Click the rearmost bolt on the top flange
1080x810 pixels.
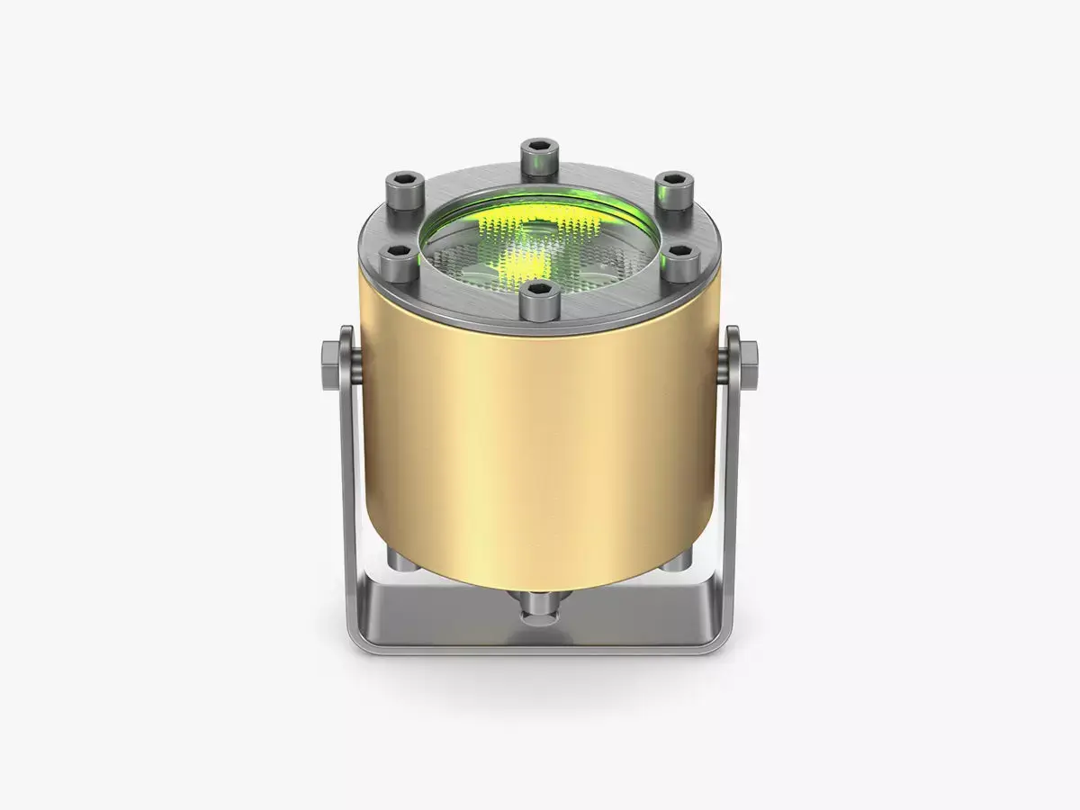(x=539, y=157)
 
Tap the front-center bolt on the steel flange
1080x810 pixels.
(x=538, y=299)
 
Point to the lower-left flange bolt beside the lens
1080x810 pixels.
(x=397, y=262)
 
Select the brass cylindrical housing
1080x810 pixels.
(x=538, y=432)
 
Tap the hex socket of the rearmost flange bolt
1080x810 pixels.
(x=539, y=146)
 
